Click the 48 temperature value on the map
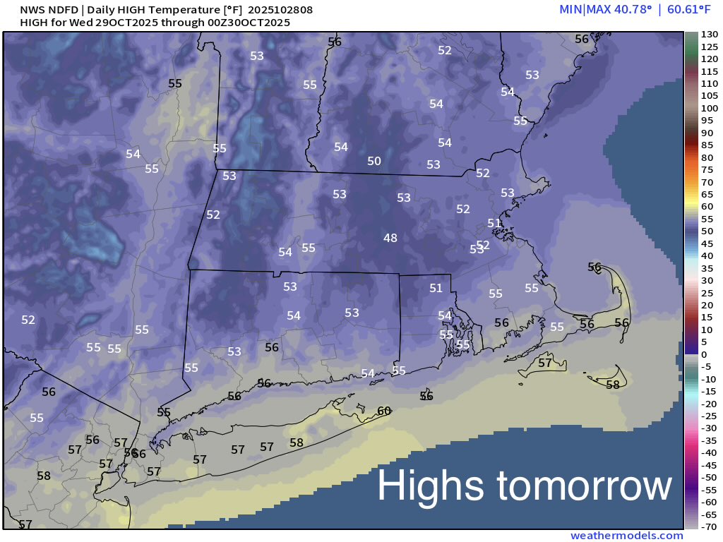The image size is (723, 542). click(390, 239)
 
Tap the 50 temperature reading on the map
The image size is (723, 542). click(374, 162)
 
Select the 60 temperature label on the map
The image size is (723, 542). click(384, 411)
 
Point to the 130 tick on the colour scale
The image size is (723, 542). click(709, 35)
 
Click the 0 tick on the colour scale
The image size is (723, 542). click(703, 354)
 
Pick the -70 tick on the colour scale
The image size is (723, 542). click(709, 526)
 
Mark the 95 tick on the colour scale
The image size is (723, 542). click(706, 121)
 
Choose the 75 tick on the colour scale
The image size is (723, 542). click(706, 169)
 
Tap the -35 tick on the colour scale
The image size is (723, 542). click(709, 440)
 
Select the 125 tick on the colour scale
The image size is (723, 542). click(709, 47)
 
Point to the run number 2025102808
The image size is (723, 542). click(281, 10)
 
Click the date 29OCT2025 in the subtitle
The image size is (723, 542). click(116, 23)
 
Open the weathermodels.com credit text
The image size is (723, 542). click(627, 536)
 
